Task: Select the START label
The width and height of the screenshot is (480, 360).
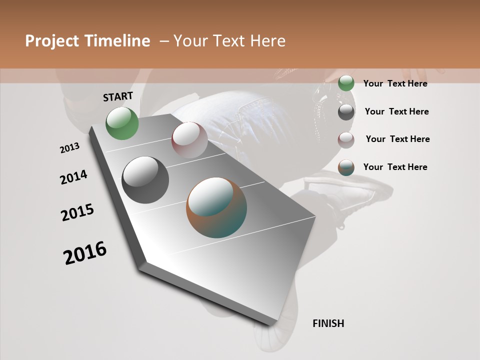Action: pos(118,96)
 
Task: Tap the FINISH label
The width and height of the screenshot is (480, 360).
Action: pos(328,323)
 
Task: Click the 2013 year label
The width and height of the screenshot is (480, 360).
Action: pos(69,148)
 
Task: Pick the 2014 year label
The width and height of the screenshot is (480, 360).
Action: pos(73,177)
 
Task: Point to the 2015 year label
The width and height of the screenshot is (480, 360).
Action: pos(77,212)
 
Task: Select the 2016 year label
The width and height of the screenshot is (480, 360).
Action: pos(85,253)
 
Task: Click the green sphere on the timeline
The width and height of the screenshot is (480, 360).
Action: pos(122,123)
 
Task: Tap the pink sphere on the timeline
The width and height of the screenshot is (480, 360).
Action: pos(189,140)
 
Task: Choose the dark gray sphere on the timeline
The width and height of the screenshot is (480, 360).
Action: pos(145,180)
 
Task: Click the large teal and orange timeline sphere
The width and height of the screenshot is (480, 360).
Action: pos(216,207)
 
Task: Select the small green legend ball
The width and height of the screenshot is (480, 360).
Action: pos(346,83)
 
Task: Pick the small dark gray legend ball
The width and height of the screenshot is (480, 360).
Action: pos(346,112)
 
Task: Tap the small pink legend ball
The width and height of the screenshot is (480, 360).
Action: pos(346,140)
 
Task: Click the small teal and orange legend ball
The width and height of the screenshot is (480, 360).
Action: pos(346,167)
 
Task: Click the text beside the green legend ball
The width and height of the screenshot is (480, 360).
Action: pos(395,83)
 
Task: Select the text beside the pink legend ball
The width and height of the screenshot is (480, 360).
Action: pos(397,139)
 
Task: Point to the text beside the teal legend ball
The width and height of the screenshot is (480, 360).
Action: pos(395,167)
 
